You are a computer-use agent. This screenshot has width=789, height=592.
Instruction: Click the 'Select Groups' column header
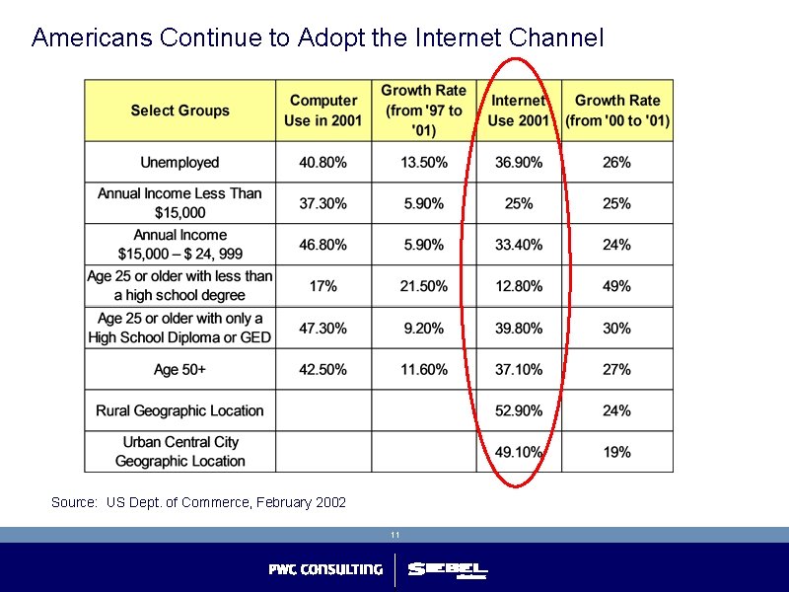[179, 111]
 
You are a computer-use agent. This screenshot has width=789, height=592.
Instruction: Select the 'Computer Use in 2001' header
[323, 111]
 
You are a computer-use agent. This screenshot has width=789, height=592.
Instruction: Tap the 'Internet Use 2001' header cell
[519, 111]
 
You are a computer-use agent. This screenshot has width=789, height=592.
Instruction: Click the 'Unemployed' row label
[179, 162]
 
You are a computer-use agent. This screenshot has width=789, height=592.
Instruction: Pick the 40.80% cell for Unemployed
[323, 162]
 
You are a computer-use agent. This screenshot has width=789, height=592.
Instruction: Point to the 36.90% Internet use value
[519, 162]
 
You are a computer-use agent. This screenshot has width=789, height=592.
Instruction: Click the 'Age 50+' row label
[179, 369]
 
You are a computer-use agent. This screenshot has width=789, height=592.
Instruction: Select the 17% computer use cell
[323, 286]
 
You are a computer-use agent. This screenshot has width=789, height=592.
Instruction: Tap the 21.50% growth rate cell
[423, 286]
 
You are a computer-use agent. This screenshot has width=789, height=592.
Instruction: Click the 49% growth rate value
[616, 286]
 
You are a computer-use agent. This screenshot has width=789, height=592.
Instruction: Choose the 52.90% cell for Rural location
[519, 410]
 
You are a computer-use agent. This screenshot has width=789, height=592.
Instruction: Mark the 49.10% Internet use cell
[519, 452]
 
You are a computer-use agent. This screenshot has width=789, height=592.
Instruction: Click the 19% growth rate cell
[616, 452]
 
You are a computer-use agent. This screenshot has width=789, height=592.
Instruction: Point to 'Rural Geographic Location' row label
[179, 410]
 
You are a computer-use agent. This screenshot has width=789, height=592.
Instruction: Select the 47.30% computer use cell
[323, 328]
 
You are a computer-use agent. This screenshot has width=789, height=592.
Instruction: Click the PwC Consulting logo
[325, 569]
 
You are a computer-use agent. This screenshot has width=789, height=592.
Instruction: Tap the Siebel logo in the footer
[448, 569]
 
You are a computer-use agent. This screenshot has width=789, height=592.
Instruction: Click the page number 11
[394, 535]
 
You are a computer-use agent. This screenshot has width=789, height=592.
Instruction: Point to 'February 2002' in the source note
[301, 503]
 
